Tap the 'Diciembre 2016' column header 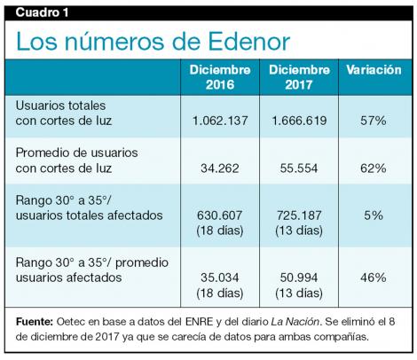pyautogui.click(x=216, y=77)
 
